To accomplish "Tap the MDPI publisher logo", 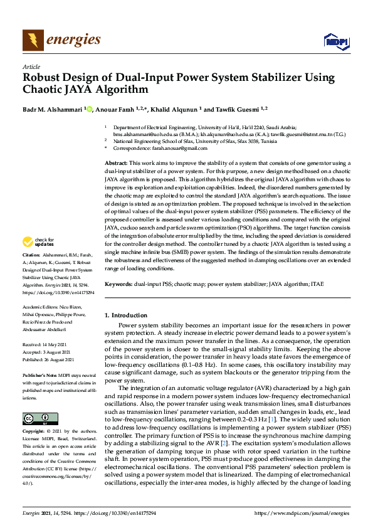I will pyautogui.click(x=335, y=41).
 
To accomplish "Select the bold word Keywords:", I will pyautogui.click(x=118, y=284).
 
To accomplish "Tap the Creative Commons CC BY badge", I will pyautogui.click(x=36, y=418).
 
